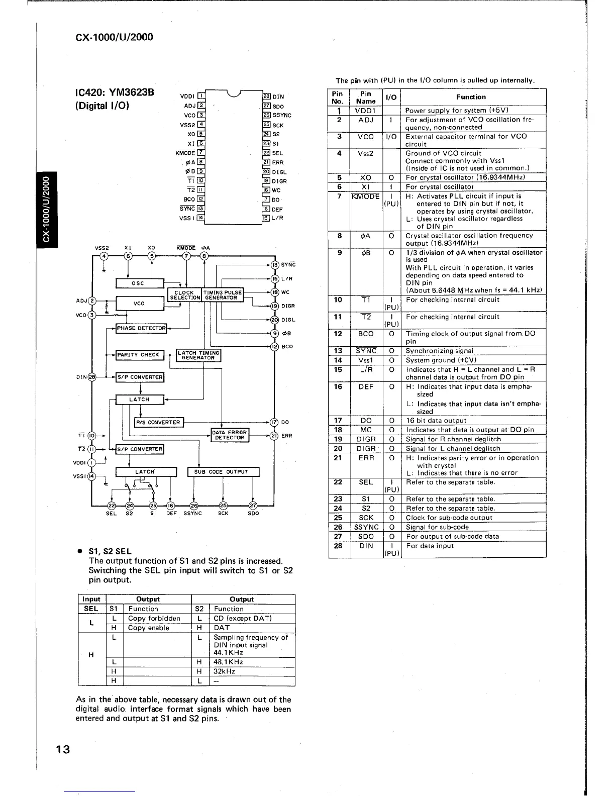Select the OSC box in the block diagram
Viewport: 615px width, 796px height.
click(x=139, y=283)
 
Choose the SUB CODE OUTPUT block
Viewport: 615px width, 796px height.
click(x=223, y=472)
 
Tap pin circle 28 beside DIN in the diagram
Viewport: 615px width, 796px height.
click(x=92, y=377)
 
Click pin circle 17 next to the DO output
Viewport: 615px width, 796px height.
click(x=274, y=422)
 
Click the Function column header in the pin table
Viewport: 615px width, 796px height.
click(x=470, y=97)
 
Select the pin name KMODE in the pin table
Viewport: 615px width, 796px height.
click(x=366, y=196)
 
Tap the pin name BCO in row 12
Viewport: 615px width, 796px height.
click(x=366, y=334)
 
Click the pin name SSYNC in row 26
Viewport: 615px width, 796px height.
click(x=366, y=527)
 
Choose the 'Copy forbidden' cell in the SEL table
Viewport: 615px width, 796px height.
click(x=154, y=619)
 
